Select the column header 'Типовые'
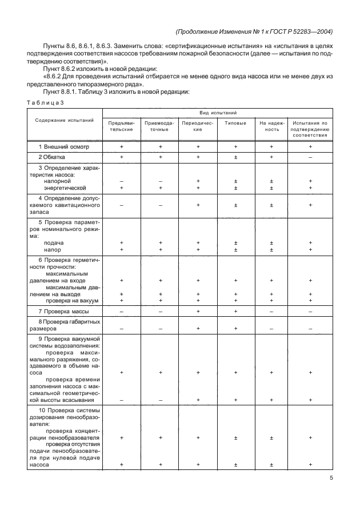[235, 123]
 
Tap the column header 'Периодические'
[198, 126]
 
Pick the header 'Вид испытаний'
[215, 113]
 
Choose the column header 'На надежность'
[271, 126]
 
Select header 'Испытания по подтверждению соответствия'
[310, 129]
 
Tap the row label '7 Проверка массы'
[62, 311]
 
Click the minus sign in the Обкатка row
[310, 156]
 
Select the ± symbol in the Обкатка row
[235, 156]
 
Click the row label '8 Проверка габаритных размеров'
[64, 325]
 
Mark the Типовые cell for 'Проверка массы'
[235, 311]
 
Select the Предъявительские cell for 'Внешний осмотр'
[122, 146]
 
